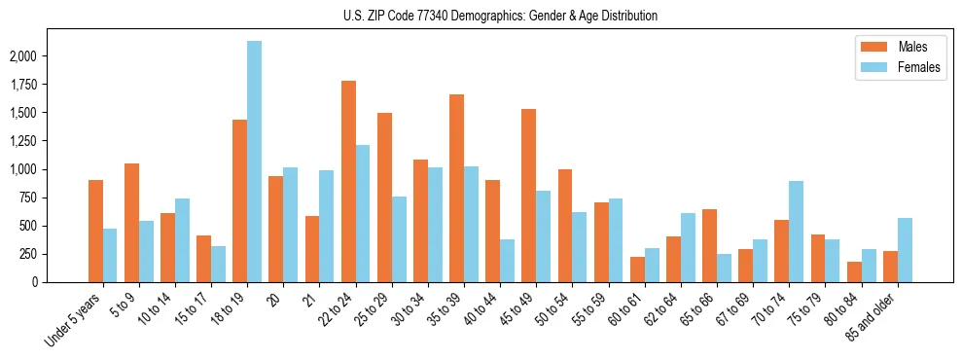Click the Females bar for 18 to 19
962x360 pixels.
click(x=254, y=162)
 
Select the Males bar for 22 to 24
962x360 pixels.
click(x=348, y=182)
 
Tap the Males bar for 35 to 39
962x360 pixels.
click(x=456, y=189)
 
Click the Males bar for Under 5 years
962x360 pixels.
click(x=95, y=232)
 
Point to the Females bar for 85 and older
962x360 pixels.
click(x=905, y=250)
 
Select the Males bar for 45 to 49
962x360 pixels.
click(x=528, y=196)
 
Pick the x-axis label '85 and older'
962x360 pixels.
click(x=874, y=318)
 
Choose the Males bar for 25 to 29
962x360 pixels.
click(x=384, y=198)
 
